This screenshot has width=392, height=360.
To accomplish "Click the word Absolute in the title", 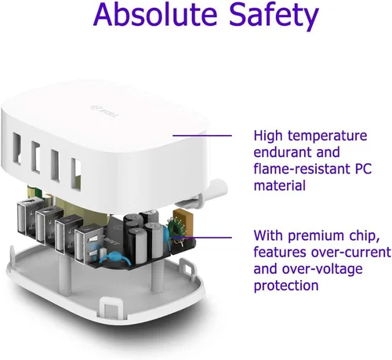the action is click(155, 14).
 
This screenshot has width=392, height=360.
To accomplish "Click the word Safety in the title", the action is click(274, 16).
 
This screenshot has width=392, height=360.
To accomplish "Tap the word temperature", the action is click(328, 136).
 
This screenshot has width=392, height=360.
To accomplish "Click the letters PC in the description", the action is click(362, 169).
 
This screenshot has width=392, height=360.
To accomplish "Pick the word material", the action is click(280, 186).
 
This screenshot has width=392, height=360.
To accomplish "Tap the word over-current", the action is click(351, 253).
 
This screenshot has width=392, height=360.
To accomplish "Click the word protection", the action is click(286, 286).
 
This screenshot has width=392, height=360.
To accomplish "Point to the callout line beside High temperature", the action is click(202, 136).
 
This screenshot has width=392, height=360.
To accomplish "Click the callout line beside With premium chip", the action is click(202, 238).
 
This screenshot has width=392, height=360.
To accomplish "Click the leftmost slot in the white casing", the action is click(17, 148).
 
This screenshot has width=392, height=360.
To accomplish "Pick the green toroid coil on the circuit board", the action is click(176, 227).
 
